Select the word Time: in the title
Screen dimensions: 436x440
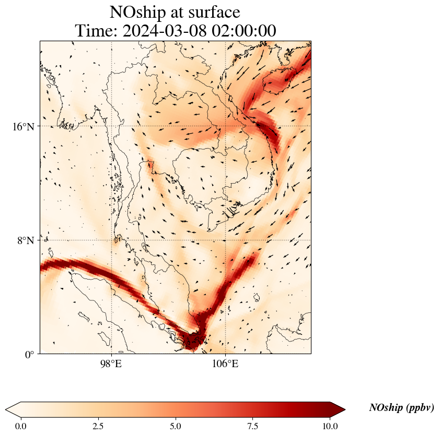(96, 31)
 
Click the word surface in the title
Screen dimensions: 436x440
(214, 12)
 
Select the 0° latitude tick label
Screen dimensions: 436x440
(29, 355)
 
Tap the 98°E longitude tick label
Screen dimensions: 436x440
(111, 364)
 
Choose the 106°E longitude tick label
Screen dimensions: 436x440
(225, 364)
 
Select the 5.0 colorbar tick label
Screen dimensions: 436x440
(176, 426)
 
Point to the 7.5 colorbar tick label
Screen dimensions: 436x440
(253, 426)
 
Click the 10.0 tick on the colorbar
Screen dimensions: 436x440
(330, 426)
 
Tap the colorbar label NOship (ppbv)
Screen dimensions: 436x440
(401, 408)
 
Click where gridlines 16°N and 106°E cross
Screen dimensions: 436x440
(225, 126)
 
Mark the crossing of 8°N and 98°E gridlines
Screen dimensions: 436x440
(111, 240)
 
